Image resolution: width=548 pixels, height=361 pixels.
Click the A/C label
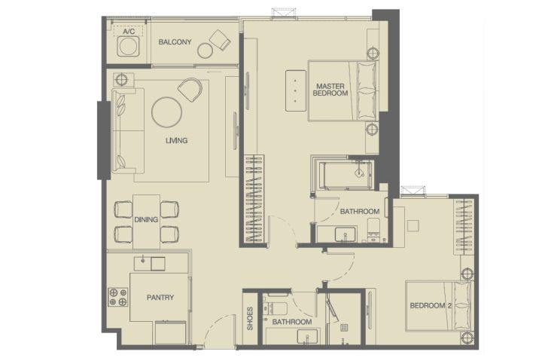point(129,32)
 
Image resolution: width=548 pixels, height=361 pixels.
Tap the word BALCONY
point(175,42)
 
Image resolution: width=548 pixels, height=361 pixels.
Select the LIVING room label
point(176,141)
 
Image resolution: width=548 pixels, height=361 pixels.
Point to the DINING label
point(146,219)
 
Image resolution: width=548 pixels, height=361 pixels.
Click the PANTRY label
point(160,298)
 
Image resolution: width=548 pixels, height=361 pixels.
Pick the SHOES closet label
point(250,319)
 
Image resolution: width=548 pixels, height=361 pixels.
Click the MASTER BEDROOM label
point(330,90)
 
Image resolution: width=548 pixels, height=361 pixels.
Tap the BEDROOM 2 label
point(431,306)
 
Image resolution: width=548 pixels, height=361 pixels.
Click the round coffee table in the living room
point(166,112)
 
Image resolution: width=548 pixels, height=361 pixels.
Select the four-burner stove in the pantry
point(117,297)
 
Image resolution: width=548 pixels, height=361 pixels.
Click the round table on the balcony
point(205,50)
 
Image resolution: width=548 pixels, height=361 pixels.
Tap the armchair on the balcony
point(220,39)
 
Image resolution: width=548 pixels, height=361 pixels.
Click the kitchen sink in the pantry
point(150,264)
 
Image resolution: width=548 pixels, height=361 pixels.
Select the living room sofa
point(128,131)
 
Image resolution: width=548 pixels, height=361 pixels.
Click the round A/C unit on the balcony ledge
point(127,47)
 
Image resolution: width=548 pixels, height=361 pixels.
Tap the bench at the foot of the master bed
point(296,91)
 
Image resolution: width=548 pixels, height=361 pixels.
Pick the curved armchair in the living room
point(190,90)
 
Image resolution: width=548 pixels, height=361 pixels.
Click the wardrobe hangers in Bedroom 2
point(464,227)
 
